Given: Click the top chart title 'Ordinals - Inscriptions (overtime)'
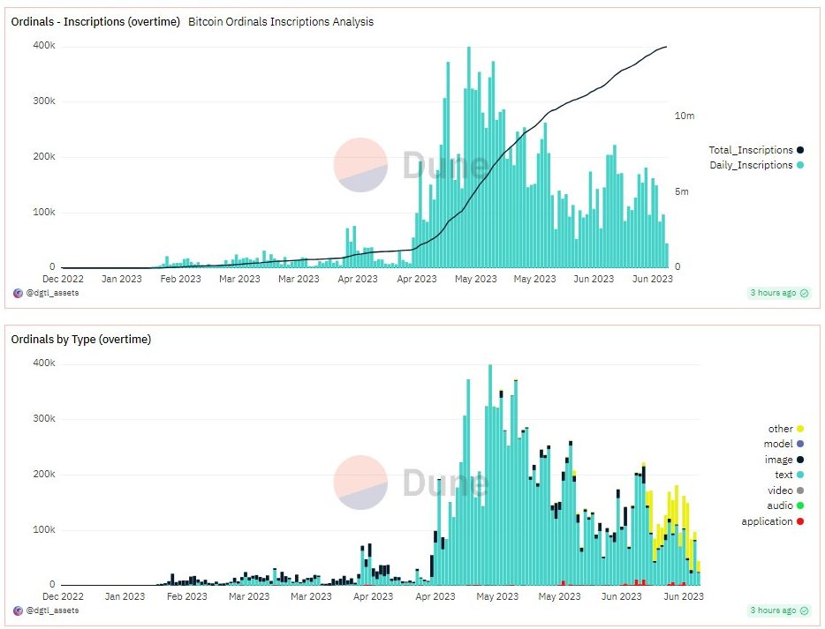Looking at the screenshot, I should coord(95,22).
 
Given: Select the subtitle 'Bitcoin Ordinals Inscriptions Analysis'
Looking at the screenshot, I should coord(281,22).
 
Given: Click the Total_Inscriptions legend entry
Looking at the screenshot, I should coord(755,151).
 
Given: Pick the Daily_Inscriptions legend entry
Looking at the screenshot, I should coord(755,166).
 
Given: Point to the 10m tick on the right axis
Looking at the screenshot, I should coord(684,116).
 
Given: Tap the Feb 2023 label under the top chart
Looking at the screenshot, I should coord(181,280).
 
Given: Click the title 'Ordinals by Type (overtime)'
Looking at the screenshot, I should coord(80,340).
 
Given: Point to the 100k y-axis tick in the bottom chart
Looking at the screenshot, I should coord(43,530).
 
